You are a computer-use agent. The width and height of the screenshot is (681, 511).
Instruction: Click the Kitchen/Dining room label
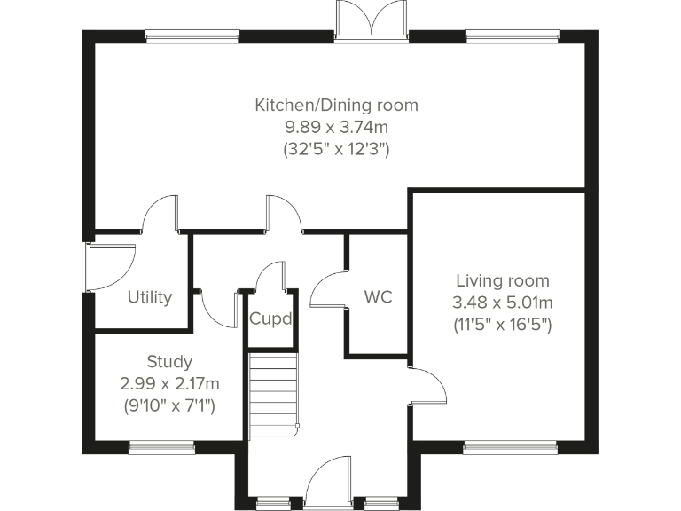[336, 106]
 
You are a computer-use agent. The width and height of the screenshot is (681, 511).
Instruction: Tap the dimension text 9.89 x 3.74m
[336, 127]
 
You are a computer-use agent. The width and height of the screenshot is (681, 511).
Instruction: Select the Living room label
[502, 281]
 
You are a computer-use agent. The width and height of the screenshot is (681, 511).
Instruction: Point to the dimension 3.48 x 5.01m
[502, 303]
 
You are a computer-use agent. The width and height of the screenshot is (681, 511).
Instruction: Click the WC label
[378, 296]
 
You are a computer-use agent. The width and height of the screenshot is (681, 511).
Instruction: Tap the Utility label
[149, 297]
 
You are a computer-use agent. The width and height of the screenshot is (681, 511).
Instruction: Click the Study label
[169, 362]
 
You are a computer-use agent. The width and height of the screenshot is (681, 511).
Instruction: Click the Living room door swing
[427, 386]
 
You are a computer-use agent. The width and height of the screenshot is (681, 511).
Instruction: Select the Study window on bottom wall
[161, 447]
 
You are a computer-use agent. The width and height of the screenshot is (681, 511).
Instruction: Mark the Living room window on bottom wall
[511, 447]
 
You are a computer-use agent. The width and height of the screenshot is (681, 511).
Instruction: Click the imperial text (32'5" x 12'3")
[336, 149]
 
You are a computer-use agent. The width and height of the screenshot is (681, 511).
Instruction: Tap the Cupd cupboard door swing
[270, 277]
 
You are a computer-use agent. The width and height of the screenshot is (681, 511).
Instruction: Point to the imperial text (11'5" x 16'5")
[502, 325]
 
